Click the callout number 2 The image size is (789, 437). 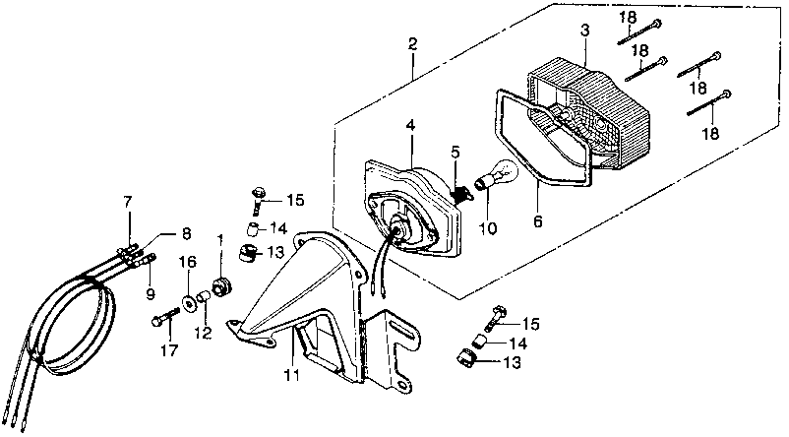coord(412,44)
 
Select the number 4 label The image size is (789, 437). coord(410,125)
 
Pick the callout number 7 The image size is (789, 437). coord(126,203)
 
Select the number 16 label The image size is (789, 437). coord(187,263)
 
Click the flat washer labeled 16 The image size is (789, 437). coord(187,297)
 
